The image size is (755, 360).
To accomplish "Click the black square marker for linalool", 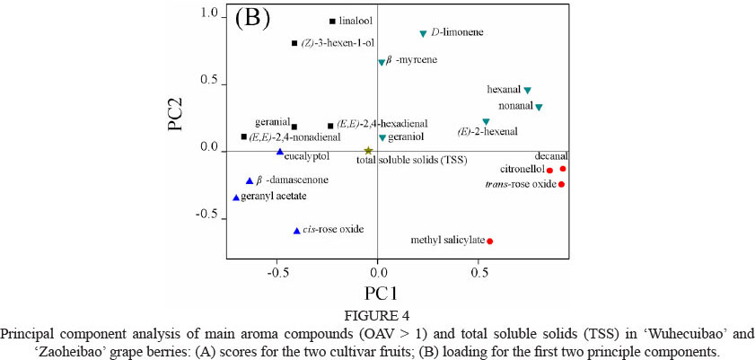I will [x=332, y=21].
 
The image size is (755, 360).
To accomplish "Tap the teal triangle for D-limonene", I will [x=423, y=34].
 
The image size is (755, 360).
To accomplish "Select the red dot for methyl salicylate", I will [x=490, y=241].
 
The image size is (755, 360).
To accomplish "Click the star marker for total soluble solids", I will [x=368, y=152].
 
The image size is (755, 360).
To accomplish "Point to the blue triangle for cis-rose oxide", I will [x=296, y=231].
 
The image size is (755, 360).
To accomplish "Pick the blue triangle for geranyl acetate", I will [x=236, y=198].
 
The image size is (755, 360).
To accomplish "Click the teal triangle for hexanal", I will [x=528, y=91].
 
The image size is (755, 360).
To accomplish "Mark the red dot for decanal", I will [x=563, y=169].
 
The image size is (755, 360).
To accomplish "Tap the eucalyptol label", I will [x=307, y=156].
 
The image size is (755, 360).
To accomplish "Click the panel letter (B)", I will [x=253, y=21].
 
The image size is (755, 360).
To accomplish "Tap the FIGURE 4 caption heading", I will [x=378, y=314].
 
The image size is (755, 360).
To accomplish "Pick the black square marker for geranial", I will [x=294, y=127].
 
